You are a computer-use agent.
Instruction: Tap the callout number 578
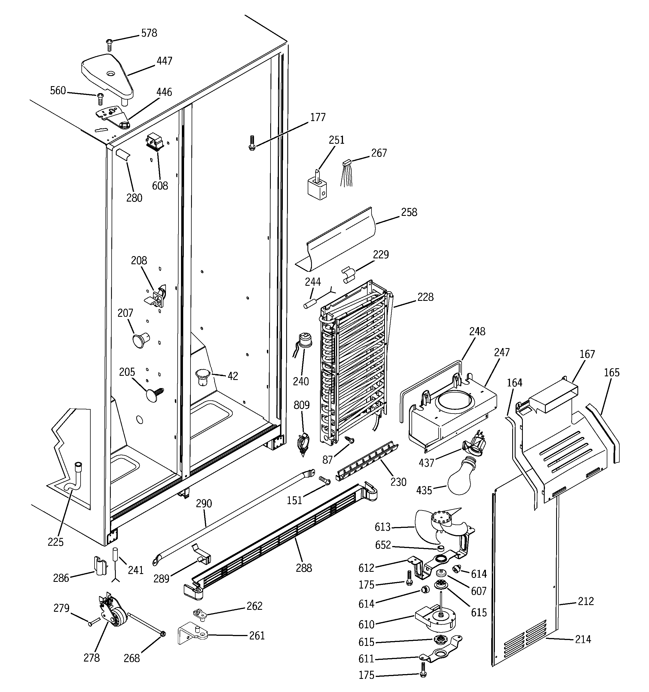(149, 33)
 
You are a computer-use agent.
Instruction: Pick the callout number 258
(409, 212)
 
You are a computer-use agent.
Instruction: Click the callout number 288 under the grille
(304, 568)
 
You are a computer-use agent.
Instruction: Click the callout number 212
(585, 601)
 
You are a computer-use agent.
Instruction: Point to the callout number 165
(612, 372)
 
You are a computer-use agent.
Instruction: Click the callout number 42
(233, 376)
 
